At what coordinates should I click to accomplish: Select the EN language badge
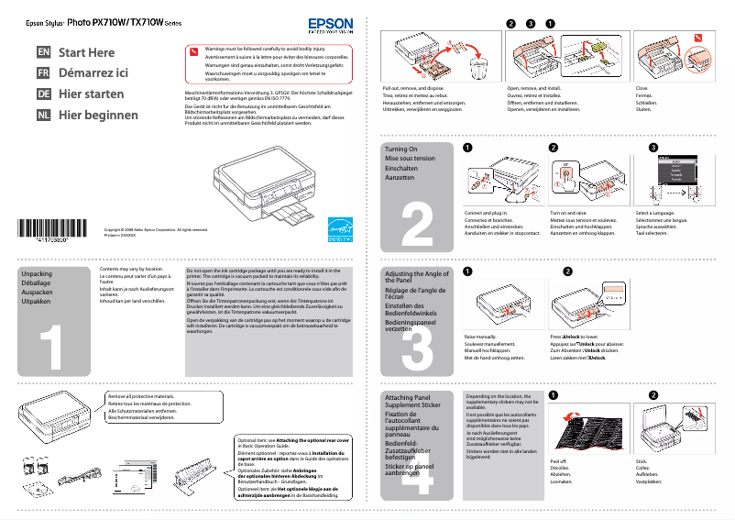pos(44,53)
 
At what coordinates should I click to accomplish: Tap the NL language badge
pos(44,115)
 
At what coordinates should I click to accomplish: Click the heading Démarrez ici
pos(93,73)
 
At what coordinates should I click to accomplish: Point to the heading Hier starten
pos(92,94)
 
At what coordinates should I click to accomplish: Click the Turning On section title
pos(401,149)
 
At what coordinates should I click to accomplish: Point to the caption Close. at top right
pos(642,89)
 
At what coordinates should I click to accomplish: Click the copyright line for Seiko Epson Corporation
pos(156,229)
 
